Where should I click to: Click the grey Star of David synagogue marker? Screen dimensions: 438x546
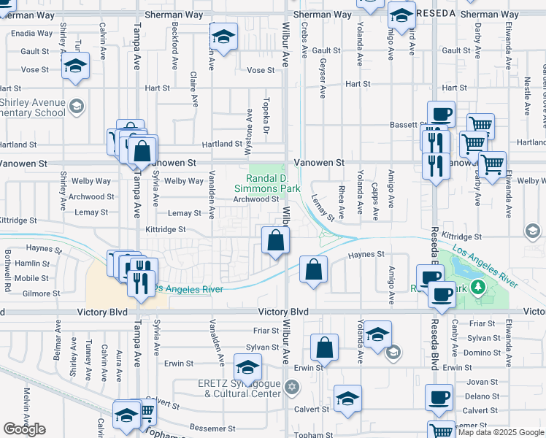pos(291,385)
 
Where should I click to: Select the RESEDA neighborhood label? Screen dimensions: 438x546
pos(437,14)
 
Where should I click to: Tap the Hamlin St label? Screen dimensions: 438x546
pos(31,263)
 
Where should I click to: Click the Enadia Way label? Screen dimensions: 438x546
pos(31,34)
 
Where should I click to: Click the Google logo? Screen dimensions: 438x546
pos(24,429)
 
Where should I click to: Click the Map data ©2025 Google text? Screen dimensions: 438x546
pos(501,432)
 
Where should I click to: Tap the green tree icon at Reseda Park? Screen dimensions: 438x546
pos(478,287)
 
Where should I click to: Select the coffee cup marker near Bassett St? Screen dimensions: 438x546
pos(441,115)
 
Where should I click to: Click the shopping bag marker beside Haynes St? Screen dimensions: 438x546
pos(313,269)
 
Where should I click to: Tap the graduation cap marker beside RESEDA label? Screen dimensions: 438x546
pos(401,15)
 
